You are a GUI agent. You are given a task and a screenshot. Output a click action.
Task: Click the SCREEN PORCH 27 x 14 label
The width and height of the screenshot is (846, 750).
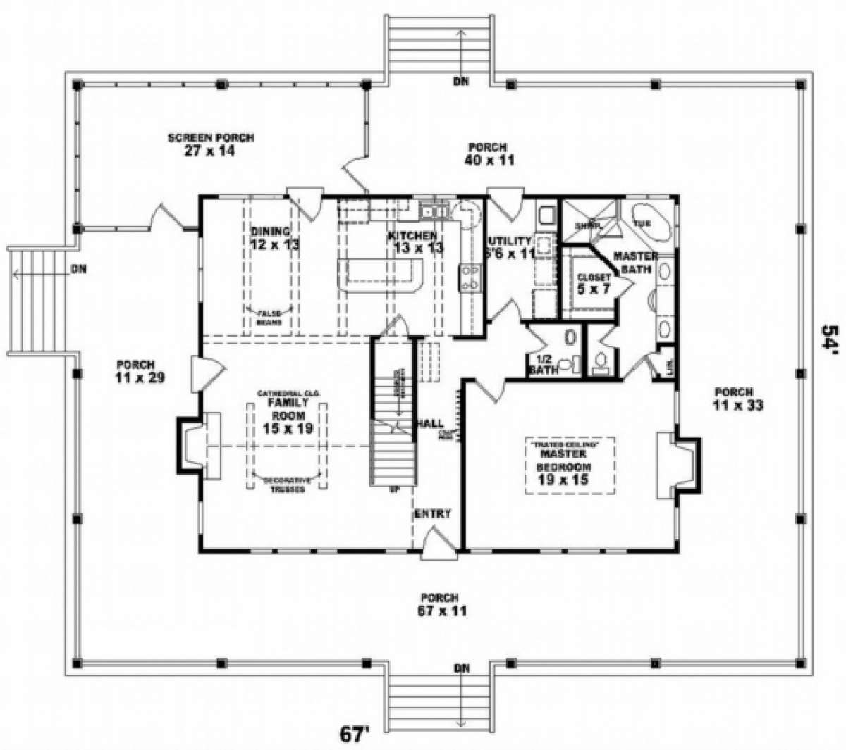click(x=211, y=144)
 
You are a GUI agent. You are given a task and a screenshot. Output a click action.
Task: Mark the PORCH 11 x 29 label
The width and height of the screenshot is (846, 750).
click(x=136, y=371)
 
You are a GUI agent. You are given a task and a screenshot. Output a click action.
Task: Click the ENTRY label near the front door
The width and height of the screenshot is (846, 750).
click(x=432, y=514)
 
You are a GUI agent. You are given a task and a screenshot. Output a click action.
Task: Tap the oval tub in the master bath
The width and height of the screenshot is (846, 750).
click(x=650, y=220)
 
